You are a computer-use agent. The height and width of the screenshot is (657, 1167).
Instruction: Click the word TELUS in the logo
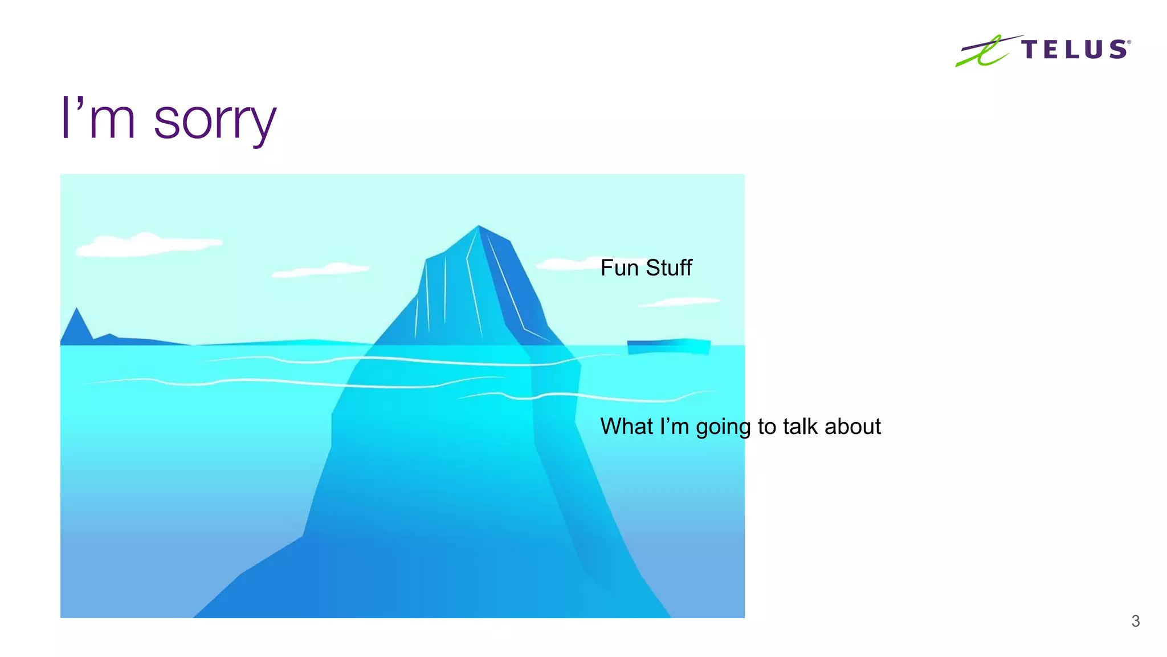1074,50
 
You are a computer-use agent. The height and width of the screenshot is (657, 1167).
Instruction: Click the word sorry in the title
215,120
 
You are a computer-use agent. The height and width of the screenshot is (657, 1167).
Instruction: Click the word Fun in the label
619,268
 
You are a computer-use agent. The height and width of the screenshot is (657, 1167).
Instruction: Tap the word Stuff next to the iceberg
669,268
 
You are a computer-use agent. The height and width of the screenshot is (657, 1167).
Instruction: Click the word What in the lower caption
626,427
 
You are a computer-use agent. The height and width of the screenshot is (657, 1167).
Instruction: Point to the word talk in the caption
801,427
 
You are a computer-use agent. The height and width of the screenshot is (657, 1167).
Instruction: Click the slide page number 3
1135,621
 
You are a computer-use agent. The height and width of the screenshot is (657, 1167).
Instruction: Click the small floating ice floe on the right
669,346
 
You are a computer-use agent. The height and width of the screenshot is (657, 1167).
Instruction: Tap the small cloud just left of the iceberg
322,270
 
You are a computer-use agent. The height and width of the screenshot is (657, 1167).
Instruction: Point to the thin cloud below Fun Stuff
680,302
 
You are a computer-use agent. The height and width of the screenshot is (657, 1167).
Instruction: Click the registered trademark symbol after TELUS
1129,42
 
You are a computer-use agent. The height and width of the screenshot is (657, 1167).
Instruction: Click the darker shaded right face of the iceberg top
513,285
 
